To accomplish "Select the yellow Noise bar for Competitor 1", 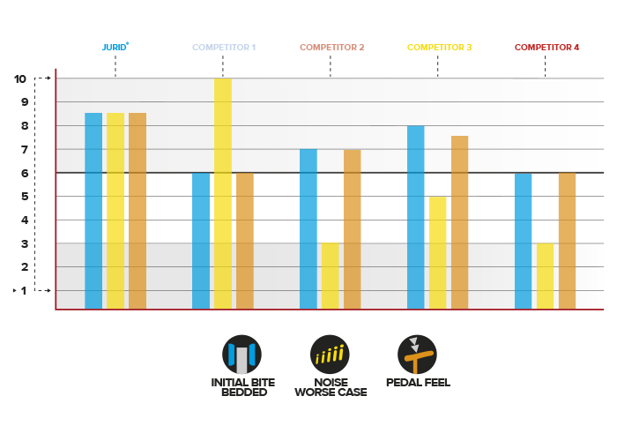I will coord(223,193).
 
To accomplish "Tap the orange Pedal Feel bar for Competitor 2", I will coord(352,228).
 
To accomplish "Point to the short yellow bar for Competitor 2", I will coord(330,275).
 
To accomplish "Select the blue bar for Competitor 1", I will coord(201,240).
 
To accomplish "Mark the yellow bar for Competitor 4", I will coord(545,275).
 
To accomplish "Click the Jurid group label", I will coord(115,47).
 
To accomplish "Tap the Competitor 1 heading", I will coord(224,47).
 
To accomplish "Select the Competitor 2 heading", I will coord(332,47).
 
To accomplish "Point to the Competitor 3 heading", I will coord(440,47).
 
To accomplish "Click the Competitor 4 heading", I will coord(546,47).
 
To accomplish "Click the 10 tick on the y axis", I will coord(20,78).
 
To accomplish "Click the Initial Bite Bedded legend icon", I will coord(242,355).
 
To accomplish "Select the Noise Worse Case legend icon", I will coord(331,355).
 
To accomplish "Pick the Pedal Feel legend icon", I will coord(417,355).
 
